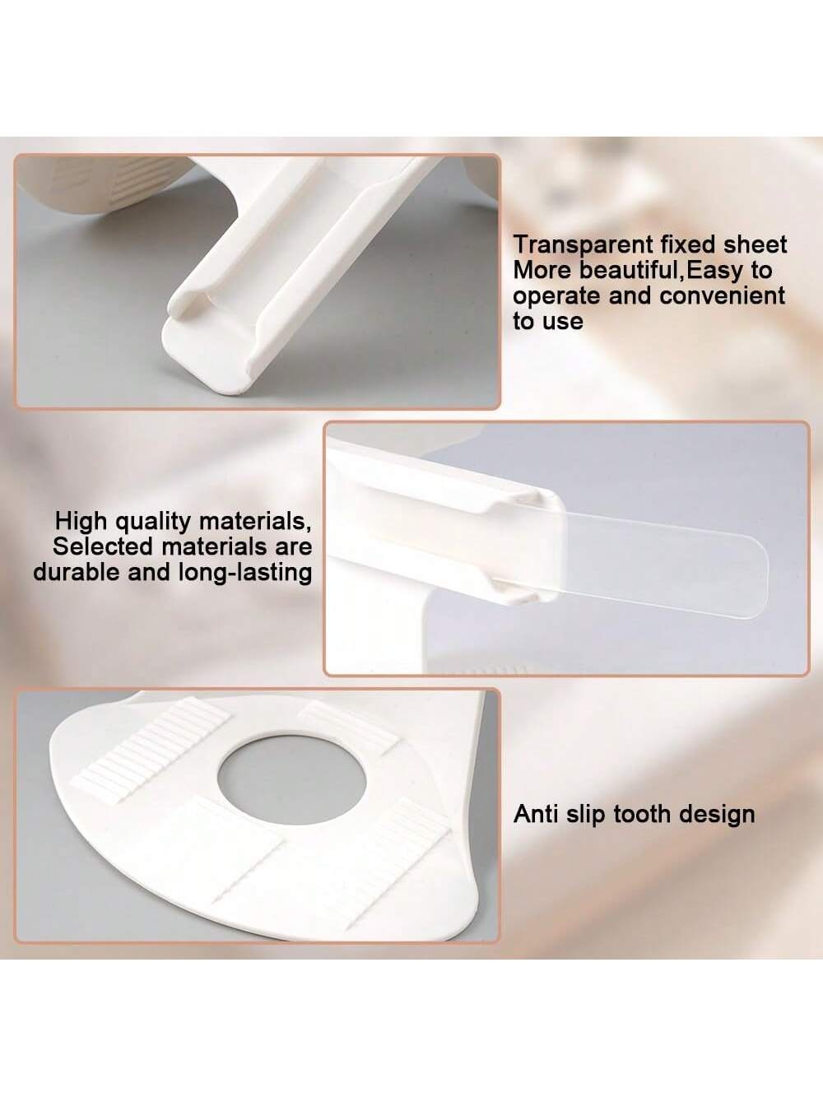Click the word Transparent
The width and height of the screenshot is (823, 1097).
tap(584, 245)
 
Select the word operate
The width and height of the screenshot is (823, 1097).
tap(556, 297)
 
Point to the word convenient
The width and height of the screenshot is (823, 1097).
tap(722, 295)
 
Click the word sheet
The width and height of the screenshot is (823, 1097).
tap(754, 244)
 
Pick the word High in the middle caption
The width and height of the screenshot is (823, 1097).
tap(81, 521)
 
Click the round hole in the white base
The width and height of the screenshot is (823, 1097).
tap(292, 780)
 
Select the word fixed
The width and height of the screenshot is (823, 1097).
tap(687, 244)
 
